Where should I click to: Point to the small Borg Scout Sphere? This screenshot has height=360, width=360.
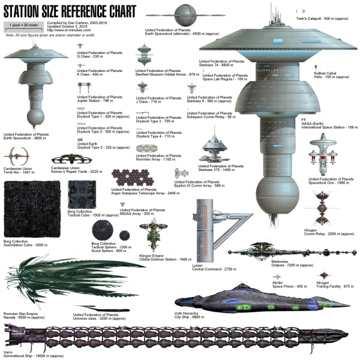(x=125, y=235)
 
